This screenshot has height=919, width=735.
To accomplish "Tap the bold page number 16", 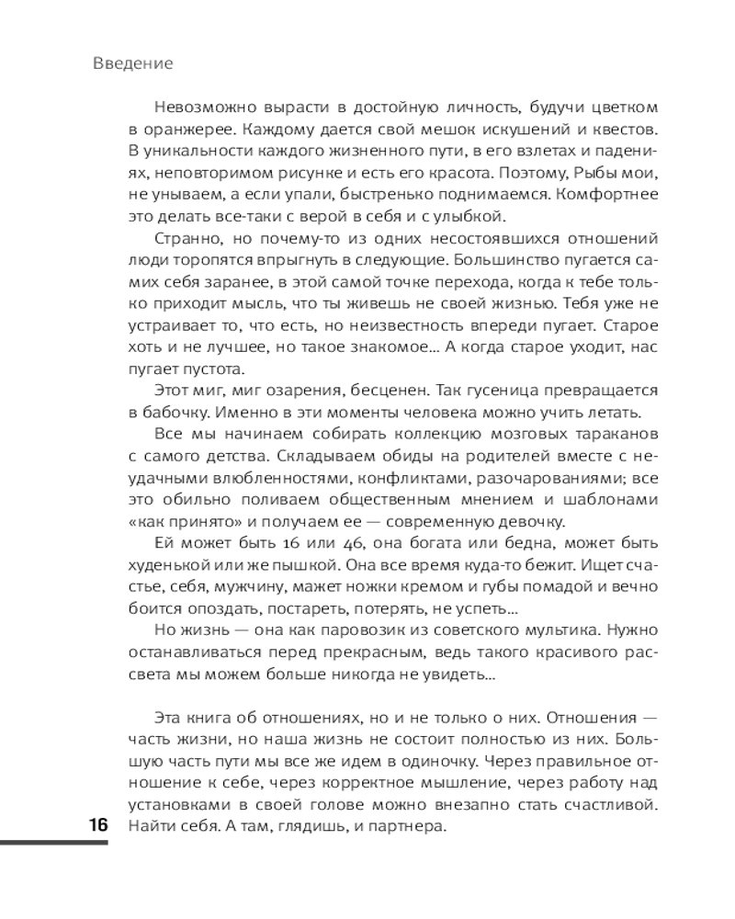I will (97, 824).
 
